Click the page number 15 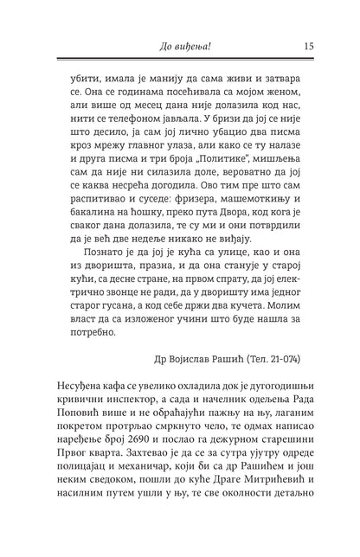(308, 46)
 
